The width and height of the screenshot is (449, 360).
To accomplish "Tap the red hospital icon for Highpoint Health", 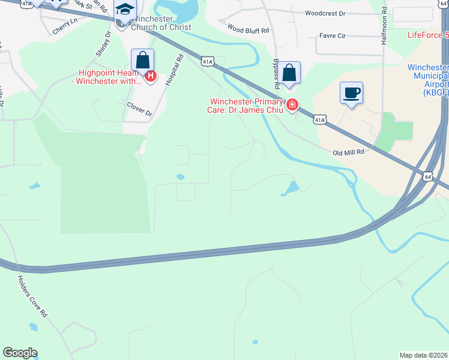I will (151, 77).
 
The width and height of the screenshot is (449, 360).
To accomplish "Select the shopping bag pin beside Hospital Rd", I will (143, 61).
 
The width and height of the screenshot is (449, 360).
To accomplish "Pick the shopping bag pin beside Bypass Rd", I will (289, 74).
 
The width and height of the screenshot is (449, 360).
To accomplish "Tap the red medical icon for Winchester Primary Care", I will (292, 105).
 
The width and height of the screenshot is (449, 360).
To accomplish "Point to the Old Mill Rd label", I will (349, 152).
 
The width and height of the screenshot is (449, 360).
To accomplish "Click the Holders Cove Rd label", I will (32, 296).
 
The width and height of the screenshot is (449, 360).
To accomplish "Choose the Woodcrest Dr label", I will (325, 13).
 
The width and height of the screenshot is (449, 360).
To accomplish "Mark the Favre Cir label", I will (333, 36).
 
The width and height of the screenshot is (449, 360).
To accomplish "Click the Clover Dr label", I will (139, 109).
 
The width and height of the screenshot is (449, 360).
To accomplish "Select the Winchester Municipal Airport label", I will (427, 80).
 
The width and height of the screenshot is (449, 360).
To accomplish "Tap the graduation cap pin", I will (125, 10).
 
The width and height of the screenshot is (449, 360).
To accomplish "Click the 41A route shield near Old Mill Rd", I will (319, 120).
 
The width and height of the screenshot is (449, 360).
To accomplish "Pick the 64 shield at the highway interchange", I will (427, 176).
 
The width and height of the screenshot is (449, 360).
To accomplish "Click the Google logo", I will (20, 353).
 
